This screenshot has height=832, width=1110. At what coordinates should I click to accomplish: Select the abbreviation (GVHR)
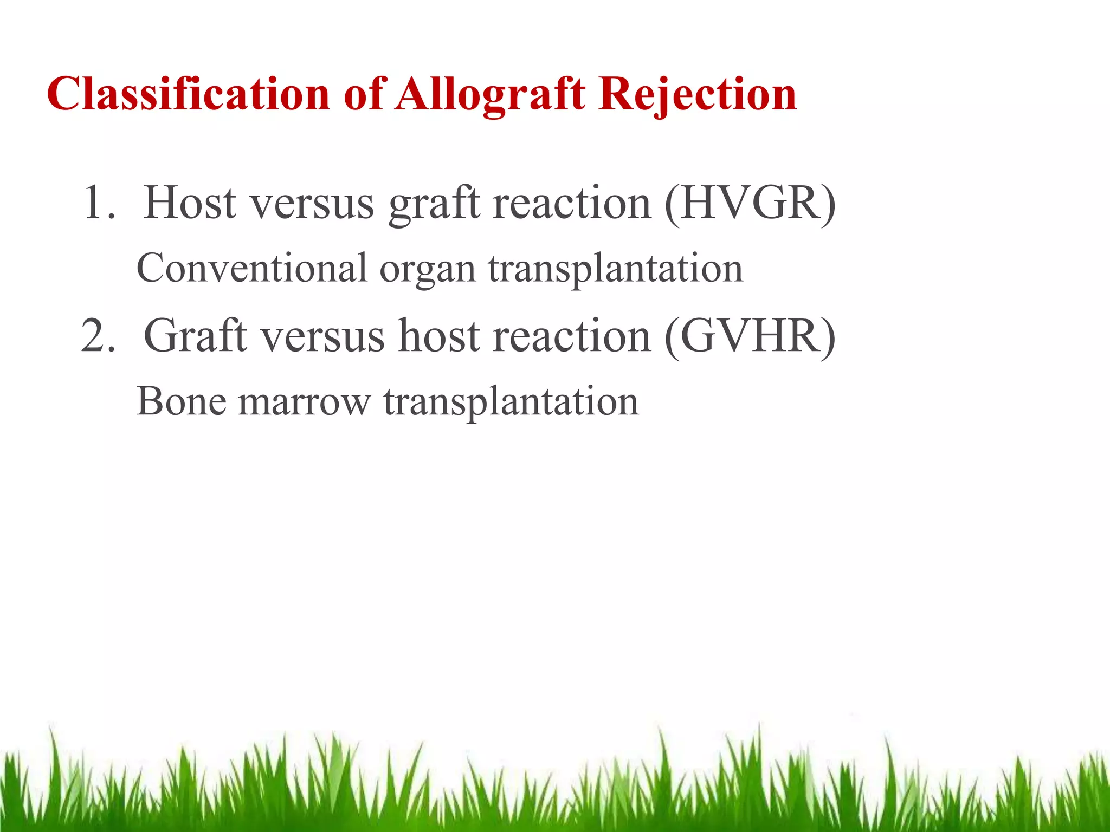pos(750,336)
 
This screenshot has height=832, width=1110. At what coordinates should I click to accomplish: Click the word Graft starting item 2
pos(195,336)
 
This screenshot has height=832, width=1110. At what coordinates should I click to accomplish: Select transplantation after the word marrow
pos(511,402)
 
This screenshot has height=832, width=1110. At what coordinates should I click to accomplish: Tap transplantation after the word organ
pos(615,269)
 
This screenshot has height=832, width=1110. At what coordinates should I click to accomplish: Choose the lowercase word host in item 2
pos(440,336)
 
